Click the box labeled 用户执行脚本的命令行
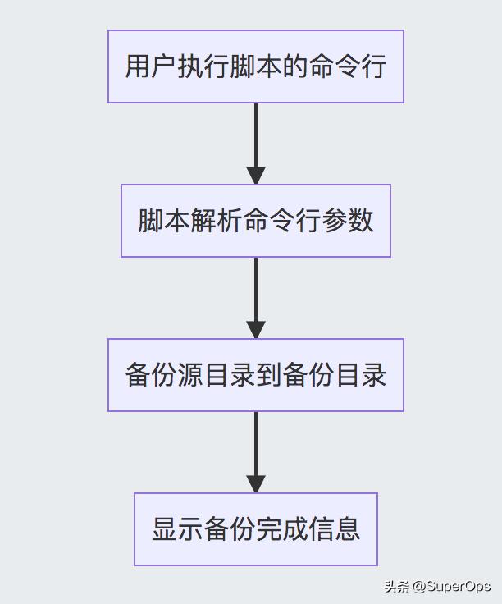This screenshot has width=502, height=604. coord(255,66)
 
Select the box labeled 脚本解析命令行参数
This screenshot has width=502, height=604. coord(255,221)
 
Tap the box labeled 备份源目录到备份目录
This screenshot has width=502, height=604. coord(255,375)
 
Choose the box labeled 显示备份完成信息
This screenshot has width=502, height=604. coord(255,529)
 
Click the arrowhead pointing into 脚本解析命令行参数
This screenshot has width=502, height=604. coord(256,176)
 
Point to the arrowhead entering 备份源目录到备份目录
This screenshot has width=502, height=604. coord(256,330)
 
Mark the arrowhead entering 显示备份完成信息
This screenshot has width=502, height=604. coord(256,484)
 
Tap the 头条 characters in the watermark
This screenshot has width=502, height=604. coord(397,586)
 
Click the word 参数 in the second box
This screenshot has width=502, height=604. coord(348,221)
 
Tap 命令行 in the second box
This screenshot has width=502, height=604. coord(281,221)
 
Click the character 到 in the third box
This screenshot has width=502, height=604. coord(269,375)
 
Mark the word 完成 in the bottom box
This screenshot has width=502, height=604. coord(281,529)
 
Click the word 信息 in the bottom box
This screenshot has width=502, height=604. coord(335,529)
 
